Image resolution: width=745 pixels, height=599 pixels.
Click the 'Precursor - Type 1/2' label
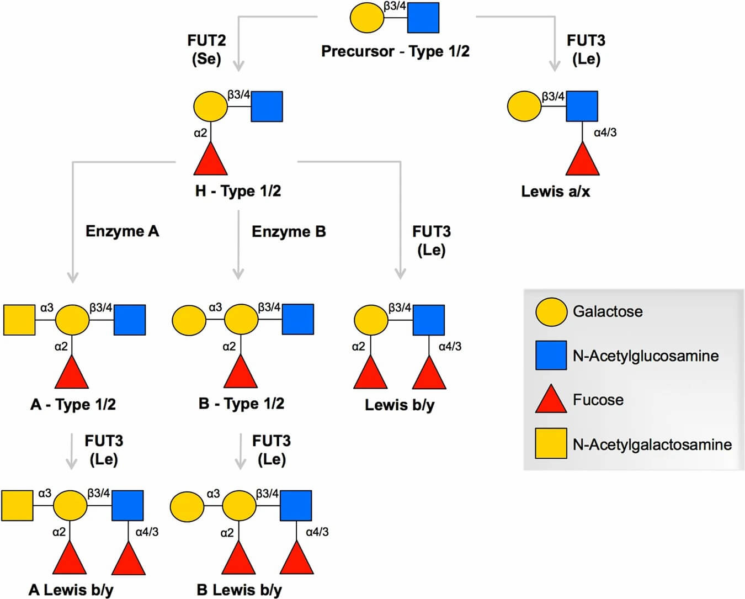(x=395, y=51)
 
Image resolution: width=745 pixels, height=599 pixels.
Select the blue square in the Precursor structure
(x=423, y=18)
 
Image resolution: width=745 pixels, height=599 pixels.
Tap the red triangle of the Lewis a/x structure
(x=582, y=160)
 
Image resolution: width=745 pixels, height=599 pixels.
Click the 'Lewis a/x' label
(x=555, y=192)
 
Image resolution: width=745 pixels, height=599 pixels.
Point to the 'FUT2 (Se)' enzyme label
(x=206, y=49)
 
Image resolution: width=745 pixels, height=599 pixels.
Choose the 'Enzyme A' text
(x=122, y=231)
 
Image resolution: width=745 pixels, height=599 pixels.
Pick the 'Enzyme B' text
(x=289, y=231)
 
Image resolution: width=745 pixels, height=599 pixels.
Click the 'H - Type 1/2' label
(x=238, y=191)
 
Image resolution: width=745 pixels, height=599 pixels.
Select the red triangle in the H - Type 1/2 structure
(x=211, y=160)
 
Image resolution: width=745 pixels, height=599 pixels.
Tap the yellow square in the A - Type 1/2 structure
(x=19, y=320)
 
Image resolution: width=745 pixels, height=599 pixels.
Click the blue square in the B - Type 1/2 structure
(x=298, y=320)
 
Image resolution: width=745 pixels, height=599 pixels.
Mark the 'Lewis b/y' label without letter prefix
(x=400, y=405)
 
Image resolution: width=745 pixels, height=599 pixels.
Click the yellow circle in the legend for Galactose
(x=551, y=311)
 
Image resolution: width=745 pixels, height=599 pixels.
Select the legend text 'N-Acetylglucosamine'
(x=646, y=356)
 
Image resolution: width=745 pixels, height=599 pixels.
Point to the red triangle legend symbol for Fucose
(x=551, y=400)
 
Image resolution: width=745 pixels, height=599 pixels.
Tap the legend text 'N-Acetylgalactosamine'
(x=652, y=444)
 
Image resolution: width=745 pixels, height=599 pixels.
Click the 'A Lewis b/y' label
(x=71, y=590)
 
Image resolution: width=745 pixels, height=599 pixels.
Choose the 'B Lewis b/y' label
(x=239, y=590)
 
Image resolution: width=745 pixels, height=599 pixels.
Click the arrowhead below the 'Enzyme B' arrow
(x=238, y=273)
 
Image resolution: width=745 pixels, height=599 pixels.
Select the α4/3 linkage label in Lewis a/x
(x=605, y=132)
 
